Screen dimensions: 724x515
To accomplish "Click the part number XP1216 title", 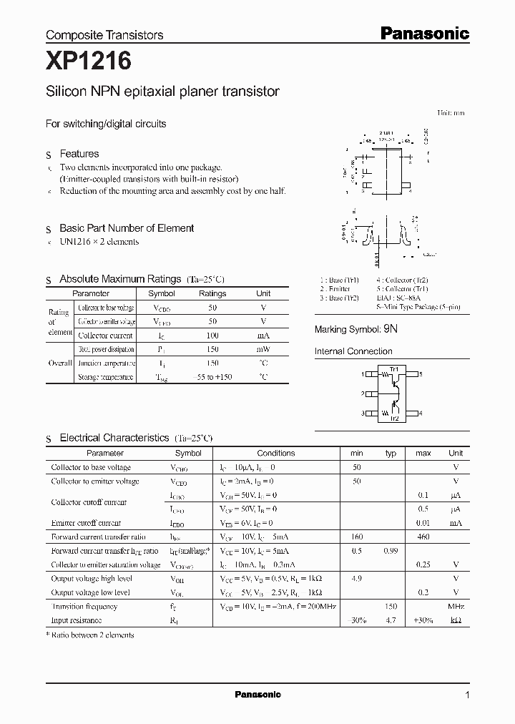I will point(88,62).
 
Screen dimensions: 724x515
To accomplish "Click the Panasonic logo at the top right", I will point(423,33).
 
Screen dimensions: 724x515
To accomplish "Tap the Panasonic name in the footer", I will point(257,695).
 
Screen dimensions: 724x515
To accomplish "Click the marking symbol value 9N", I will point(390,330).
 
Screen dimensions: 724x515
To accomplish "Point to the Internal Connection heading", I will point(353,351).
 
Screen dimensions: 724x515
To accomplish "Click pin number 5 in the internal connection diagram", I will point(421,374).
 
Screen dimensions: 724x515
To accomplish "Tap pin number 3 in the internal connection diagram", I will point(363,413).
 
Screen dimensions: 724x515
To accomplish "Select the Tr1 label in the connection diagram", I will point(393,368).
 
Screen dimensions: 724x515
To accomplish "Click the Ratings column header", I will point(212,293).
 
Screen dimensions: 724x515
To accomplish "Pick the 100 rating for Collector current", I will point(212,335).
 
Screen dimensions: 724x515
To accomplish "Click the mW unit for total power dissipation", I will point(263,349).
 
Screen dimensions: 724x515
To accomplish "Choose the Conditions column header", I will point(275,453).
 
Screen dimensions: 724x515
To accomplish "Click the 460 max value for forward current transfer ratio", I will point(423,537).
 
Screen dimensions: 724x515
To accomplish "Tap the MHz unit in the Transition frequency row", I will point(456,606).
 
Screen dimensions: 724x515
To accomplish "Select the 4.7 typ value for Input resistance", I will point(391,620).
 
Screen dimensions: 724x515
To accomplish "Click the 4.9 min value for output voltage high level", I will point(356,579).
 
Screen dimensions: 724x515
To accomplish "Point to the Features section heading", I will point(79,154).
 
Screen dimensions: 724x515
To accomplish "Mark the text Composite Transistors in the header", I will point(104,34).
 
